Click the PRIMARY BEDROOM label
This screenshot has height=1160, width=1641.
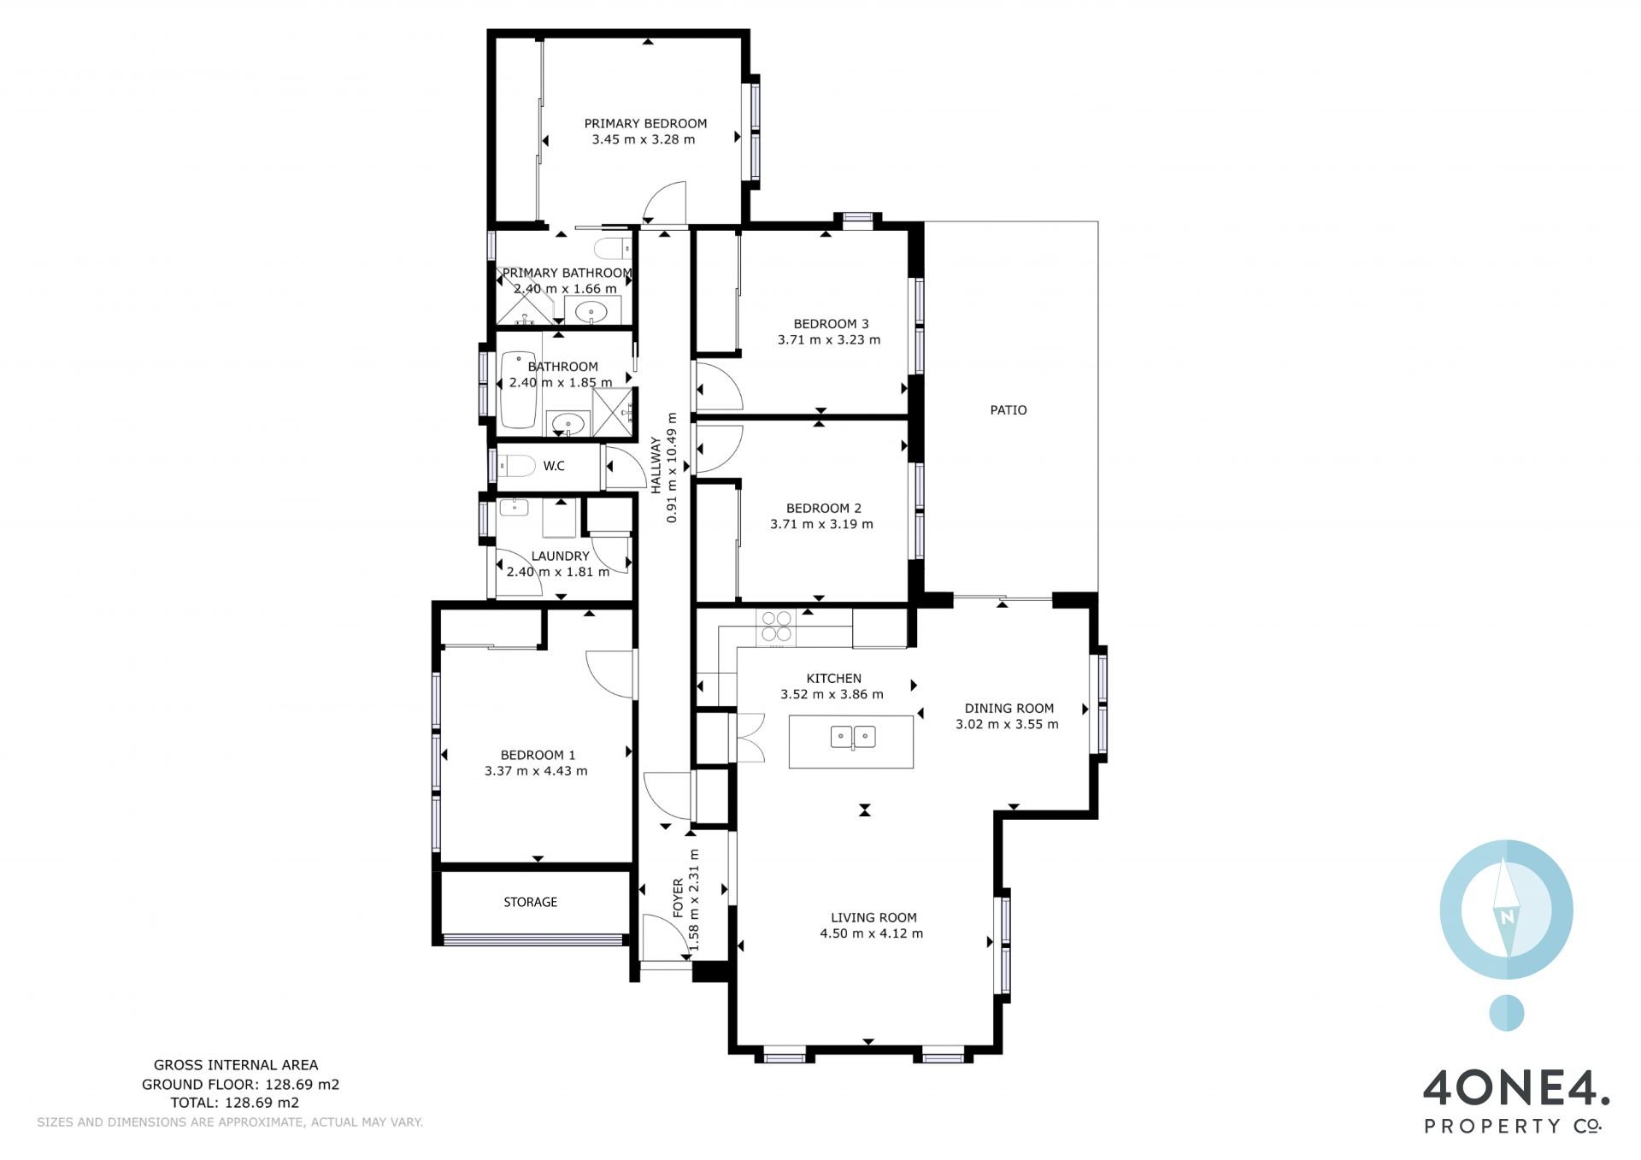coord(645,123)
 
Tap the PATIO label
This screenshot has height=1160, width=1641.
coord(1009,409)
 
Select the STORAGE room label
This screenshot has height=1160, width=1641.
coord(530,902)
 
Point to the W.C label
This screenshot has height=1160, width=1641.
coord(554,466)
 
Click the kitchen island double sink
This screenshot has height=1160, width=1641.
coord(853,737)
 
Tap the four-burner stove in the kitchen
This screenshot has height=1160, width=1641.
coord(776,626)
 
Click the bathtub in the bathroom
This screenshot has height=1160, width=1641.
coord(517,390)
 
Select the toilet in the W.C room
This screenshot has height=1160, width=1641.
coord(516,466)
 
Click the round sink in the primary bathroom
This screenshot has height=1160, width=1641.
coord(592,312)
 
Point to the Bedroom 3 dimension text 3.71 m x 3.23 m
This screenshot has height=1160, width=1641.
coord(829,339)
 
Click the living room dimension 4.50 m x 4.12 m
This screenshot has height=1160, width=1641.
coord(871,933)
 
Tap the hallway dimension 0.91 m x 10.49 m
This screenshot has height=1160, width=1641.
coord(672,468)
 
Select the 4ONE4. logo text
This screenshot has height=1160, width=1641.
coord(1516,1091)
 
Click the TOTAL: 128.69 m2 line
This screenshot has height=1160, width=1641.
coord(235,1103)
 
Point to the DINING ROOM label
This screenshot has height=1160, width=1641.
coord(1009,708)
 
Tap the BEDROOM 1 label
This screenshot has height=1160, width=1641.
coord(538,755)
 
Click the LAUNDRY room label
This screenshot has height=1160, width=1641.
coord(560,556)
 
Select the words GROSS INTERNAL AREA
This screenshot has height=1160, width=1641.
coord(236,1065)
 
